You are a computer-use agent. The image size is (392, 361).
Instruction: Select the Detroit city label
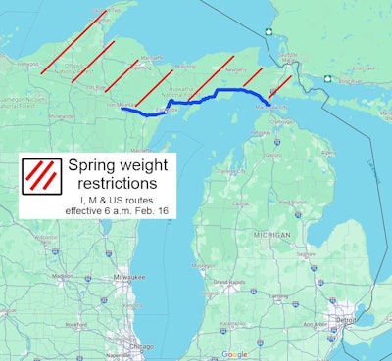point(344,320)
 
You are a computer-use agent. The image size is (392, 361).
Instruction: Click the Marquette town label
point(151,59)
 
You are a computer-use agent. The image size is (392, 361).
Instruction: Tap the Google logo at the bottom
point(234,353)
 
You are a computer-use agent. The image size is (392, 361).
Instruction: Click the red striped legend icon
point(40,175)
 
